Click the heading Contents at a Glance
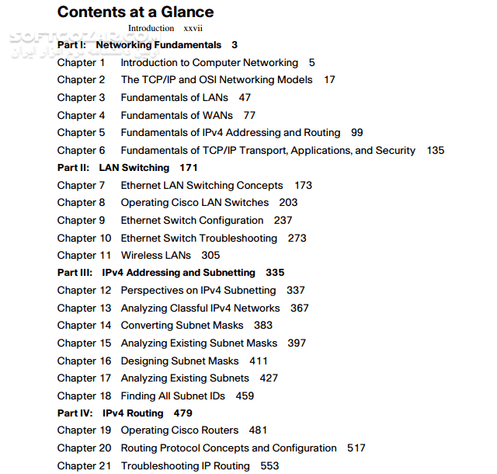click(135, 12)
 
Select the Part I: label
click(71, 45)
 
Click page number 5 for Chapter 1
click(311, 62)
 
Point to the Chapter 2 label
click(81, 79)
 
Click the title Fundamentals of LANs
click(175, 97)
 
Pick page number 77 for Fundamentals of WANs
click(249, 115)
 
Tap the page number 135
click(436, 150)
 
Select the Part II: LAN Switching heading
click(113, 167)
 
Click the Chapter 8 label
click(81, 202)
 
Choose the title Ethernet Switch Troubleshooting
click(199, 238)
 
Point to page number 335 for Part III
click(275, 273)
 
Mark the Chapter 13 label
click(84, 308)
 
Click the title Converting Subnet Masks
click(182, 325)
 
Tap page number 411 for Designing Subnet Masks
click(259, 361)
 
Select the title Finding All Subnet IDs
click(172, 396)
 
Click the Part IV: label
click(74, 413)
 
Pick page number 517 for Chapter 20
click(356, 448)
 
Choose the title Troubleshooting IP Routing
click(186, 465)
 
